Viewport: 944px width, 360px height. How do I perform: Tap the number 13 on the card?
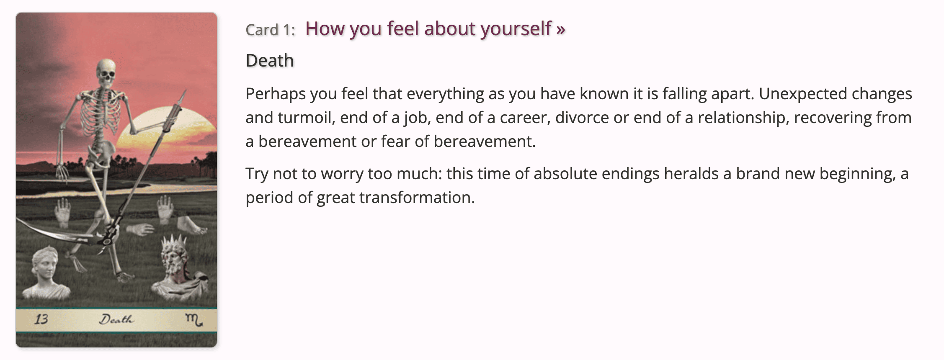click(41, 320)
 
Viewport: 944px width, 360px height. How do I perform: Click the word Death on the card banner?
click(116, 320)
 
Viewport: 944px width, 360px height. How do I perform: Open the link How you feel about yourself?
click(435, 29)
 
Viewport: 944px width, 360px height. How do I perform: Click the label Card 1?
click(270, 30)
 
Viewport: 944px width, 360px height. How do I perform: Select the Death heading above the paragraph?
click(270, 61)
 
